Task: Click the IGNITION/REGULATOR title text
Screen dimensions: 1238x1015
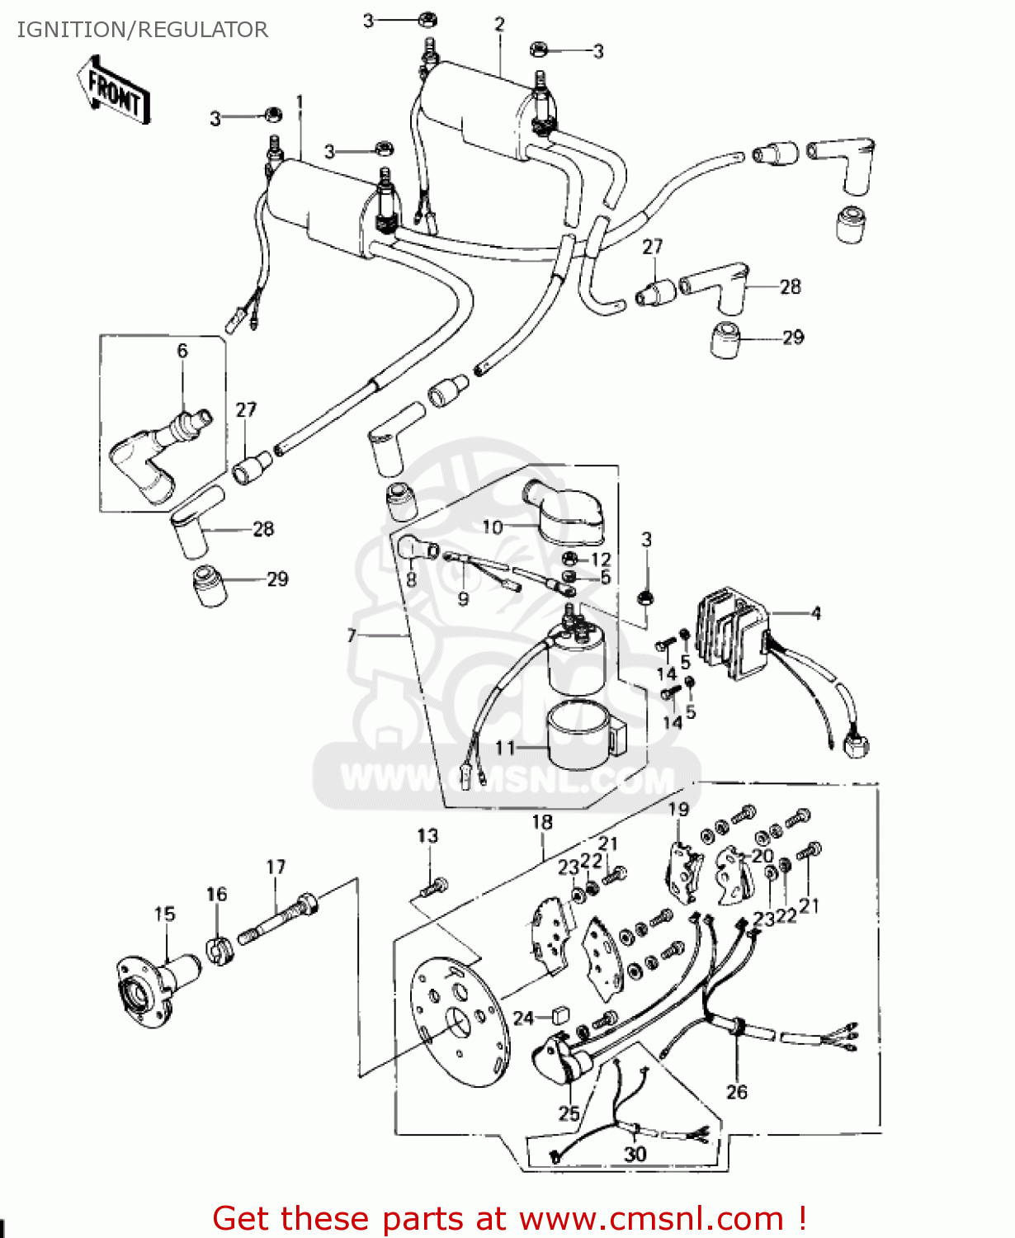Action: (x=143, y=30)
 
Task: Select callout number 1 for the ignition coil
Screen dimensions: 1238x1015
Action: (x=300, y=103)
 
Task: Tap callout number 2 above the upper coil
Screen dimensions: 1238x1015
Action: (x=499, y=25)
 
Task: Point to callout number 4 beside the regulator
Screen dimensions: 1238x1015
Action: (x=816, y=613)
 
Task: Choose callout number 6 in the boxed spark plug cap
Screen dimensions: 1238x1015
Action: (x=182, y=351)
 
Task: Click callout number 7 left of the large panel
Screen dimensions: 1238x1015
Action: (x=352, y=635)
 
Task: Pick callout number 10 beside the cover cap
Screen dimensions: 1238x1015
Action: (x=492, y=527)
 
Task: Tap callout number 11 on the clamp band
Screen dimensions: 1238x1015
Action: (x=505, y=748)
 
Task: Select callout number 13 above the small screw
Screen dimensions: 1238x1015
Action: (x=427, y=836)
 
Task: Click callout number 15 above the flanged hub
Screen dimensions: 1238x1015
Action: (x=165, y=914)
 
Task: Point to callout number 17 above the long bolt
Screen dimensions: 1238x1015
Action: (x=276, y=867)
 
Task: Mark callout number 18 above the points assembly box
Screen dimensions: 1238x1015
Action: (x=542, y=822)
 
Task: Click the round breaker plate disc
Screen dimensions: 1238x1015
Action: (x=459, y=1023)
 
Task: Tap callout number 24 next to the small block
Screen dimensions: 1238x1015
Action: (x=524, y=1018)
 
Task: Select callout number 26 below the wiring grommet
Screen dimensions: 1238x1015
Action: (x=737, y=1092)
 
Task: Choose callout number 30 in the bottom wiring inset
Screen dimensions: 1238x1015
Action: (x=635, y=1154)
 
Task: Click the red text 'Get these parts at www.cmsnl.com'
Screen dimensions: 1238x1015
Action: (x=509, y=1218)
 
